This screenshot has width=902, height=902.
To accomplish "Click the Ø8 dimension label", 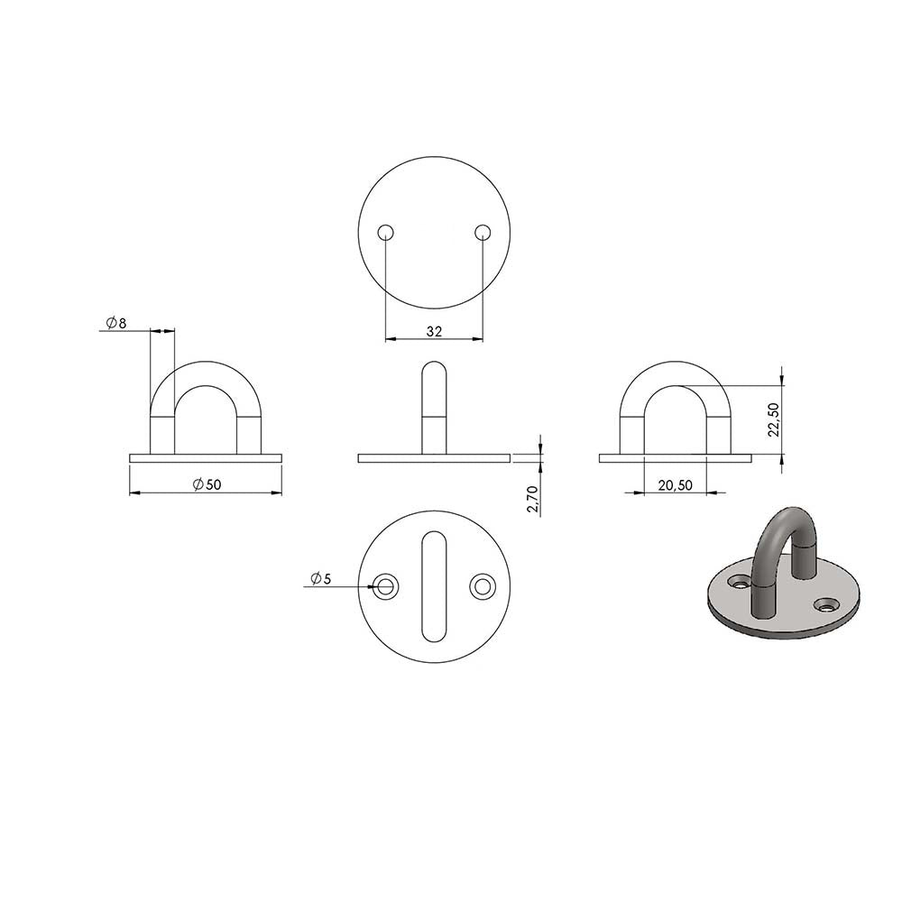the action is [x=116, y=323].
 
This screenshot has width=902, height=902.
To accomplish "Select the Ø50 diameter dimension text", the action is [x=207, y=485].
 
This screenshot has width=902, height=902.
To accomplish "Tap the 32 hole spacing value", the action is [x=435, y=331].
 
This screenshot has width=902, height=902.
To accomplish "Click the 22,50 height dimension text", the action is [x=774, y=419].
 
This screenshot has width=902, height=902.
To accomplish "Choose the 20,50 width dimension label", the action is [x=676, y=485].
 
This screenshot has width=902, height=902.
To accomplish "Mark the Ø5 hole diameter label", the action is [x=321, y=579].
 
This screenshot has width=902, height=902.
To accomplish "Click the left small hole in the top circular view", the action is [x=385, y=233].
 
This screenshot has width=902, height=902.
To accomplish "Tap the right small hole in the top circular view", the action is [x=483, y=233].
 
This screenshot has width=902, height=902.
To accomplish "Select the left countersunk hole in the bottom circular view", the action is [x=385, y=586].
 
